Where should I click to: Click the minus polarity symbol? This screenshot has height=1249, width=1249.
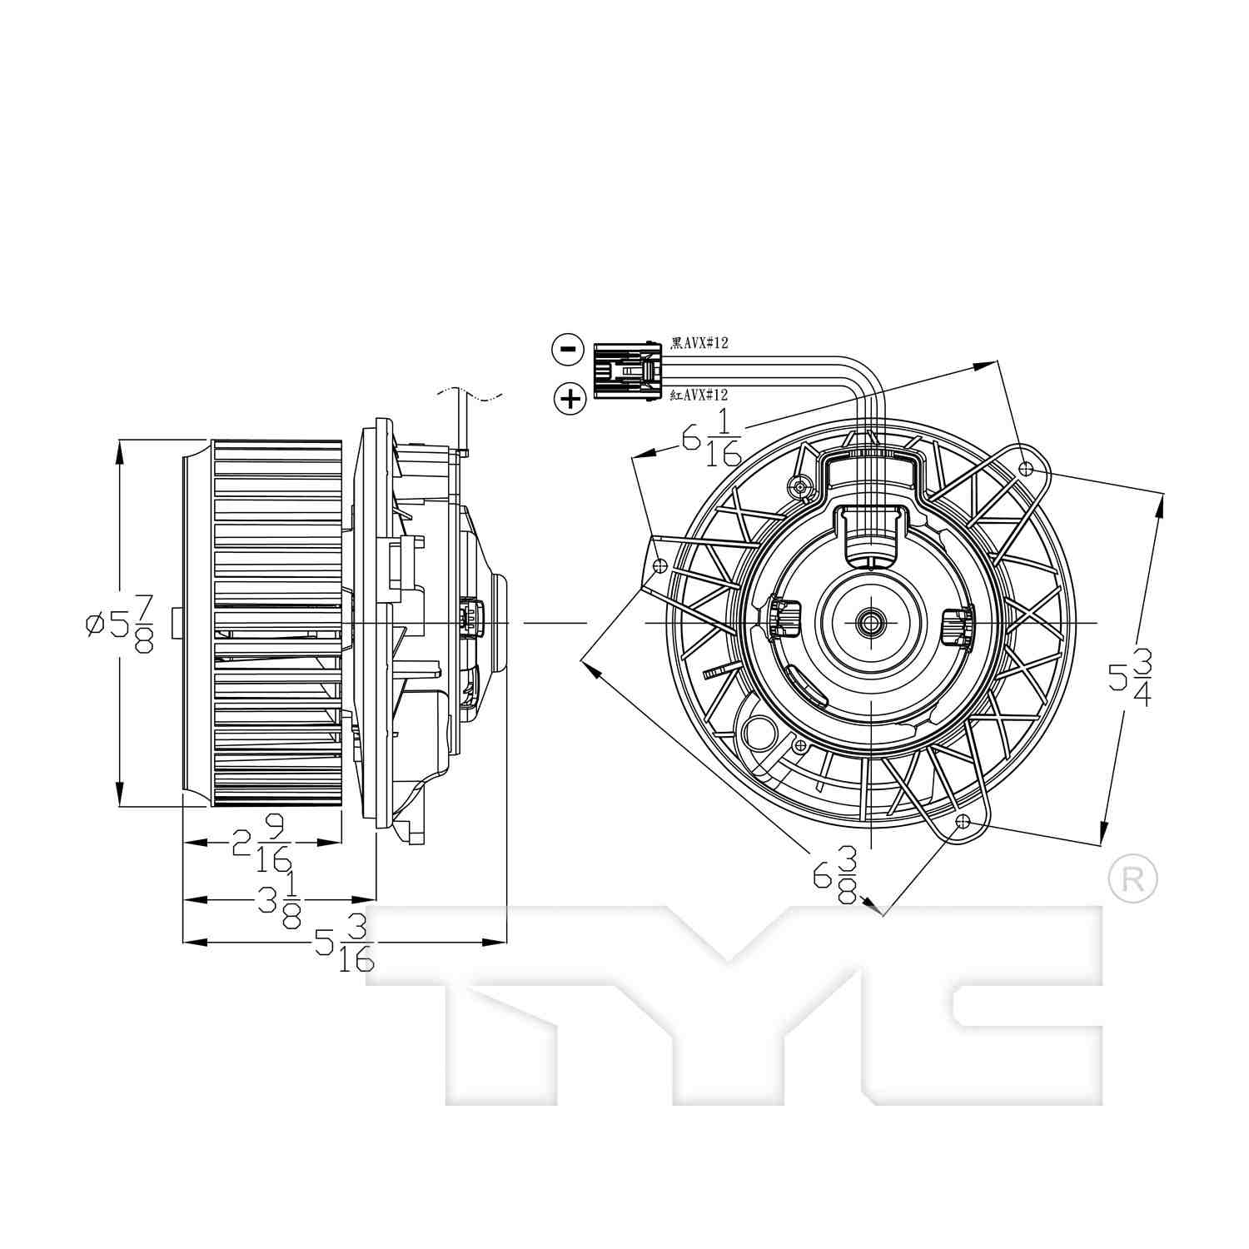click(567, 349)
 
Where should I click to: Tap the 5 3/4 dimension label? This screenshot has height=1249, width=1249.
click(1131, 677)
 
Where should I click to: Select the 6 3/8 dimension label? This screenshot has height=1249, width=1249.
click(835, 874)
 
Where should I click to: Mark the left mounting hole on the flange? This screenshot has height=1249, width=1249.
click(661, 565)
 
